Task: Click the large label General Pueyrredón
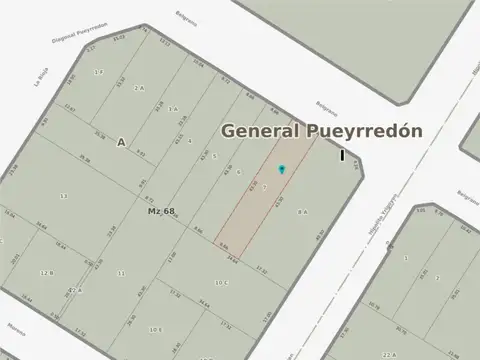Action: pyautogui.click(x=320, y=131)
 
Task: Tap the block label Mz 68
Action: pyautogui.click(x=161, y=211)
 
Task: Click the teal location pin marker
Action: pyautogui.click(x=281, y=169)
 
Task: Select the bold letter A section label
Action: pyautogui.click(x=121, y=142)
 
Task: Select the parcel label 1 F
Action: pyautogui.click(x=98, y=72)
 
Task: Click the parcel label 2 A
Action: pyautogui.click(x=139, y=88)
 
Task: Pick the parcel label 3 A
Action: pyautogui.click(x=173, y=108)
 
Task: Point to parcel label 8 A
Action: pyautogui.click(x=302, y=211)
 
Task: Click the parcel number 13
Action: pyautogui.click(x=63, y=196)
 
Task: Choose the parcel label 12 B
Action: pyautogui.click(x=46, y=272)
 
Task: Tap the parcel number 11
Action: pyautogui.click(x=121, y=272)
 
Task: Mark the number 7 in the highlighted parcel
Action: pyautogui.click(x=265, y=187)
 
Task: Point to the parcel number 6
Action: pyautogui.click(x=238, y=172)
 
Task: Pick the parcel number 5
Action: pyautogui.click(x=213, y=156)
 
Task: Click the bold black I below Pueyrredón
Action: pyautogui.click(x=342, y=155)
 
